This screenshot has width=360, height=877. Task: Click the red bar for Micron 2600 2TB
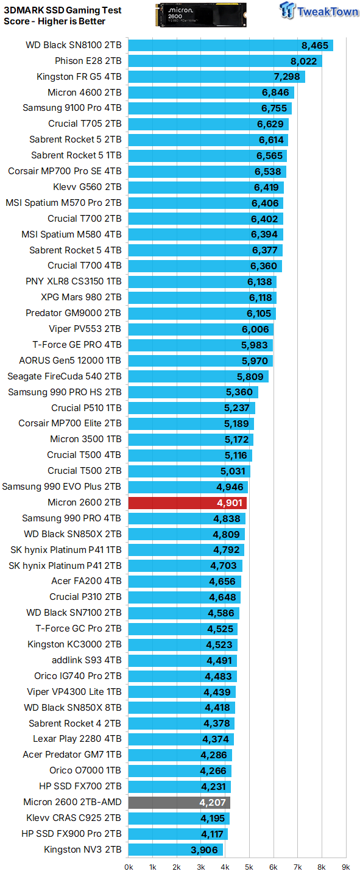(x=187, y=502)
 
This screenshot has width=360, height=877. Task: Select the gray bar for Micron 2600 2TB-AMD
(x=179, y=802)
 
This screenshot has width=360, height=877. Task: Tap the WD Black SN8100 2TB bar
(x=231, y=45)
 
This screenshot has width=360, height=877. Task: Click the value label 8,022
(x=303, y=61)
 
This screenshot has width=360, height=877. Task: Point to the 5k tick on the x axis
(x=249, y=867)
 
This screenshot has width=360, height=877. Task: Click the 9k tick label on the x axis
(x=345, y=867)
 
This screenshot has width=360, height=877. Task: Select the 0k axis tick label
(x=129, y=867)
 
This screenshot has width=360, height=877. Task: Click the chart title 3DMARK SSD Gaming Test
(x=62, y=10)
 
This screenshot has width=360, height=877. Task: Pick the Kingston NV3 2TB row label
(x=82, y=850)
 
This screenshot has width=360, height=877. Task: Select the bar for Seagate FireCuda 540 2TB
(x=198, y=376)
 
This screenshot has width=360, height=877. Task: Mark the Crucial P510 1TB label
(x=86, y=408)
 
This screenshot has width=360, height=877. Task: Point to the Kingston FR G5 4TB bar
(x=216, y=77)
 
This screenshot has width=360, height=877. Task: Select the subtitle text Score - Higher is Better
(x=54, y=21)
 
